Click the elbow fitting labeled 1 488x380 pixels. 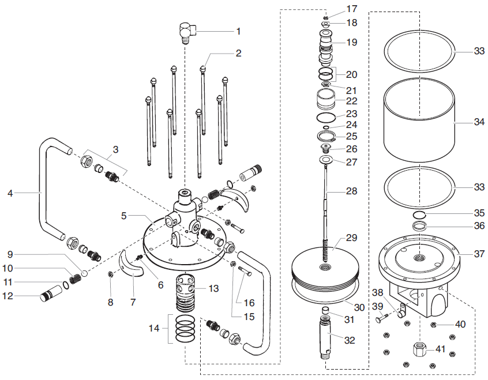click(186, 32)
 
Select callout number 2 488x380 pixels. click(238, 53)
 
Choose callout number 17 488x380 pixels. click(352, 9)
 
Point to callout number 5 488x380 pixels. click(123, 216)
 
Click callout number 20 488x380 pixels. click(351, 74)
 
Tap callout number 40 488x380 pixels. click(460, 325)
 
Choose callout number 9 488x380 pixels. click(10, 254)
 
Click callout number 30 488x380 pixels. click(359, 308)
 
